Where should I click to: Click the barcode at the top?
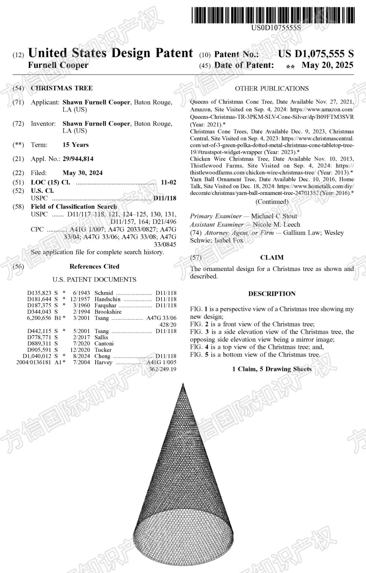tap(273, 16)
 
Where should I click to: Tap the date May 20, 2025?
tap(327, 65)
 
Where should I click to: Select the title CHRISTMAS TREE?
tap(62, 88)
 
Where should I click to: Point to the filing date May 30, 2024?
tap(82, 173)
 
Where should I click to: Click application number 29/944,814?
tap(78, 159)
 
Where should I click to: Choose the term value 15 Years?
tap(76, 145)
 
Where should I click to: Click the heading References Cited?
tap(94, 266)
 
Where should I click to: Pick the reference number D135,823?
tap(39, 293)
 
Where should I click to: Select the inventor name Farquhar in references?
tap(105, 305)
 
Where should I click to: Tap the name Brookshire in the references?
tap(108, 312)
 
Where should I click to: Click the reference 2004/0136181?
tap(34, 362)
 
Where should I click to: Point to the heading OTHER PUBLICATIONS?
tap(272, 88)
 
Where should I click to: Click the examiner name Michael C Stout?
tap(274, 216)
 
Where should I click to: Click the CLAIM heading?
tap(272, 258)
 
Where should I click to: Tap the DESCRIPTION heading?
tap(272, 294)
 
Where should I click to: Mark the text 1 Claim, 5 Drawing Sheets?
tap(272, 369)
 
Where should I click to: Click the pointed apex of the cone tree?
tap(183, 384)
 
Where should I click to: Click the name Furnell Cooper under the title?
tap(58, 65)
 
